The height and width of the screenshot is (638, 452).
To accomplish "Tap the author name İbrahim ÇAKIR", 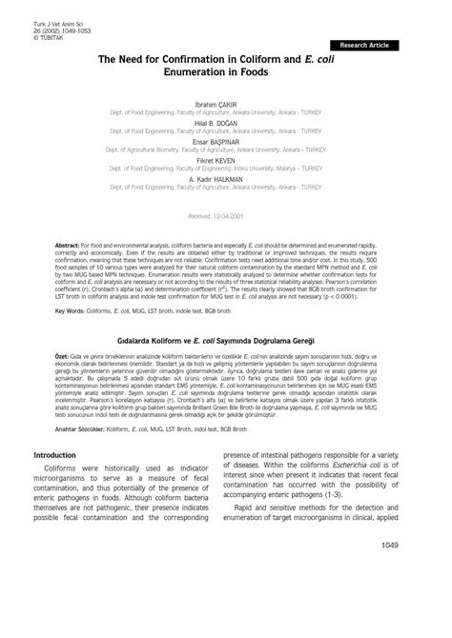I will pyautogui.click(x=226, y=103).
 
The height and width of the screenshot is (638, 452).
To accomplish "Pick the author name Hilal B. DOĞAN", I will pyautogui.click(x=226, y=122).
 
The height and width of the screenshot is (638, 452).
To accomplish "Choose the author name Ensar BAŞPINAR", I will pyautogui.click(x=226, y=141).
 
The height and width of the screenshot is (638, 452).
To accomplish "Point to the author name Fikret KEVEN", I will pyautogui.click(x=226, y=160).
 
